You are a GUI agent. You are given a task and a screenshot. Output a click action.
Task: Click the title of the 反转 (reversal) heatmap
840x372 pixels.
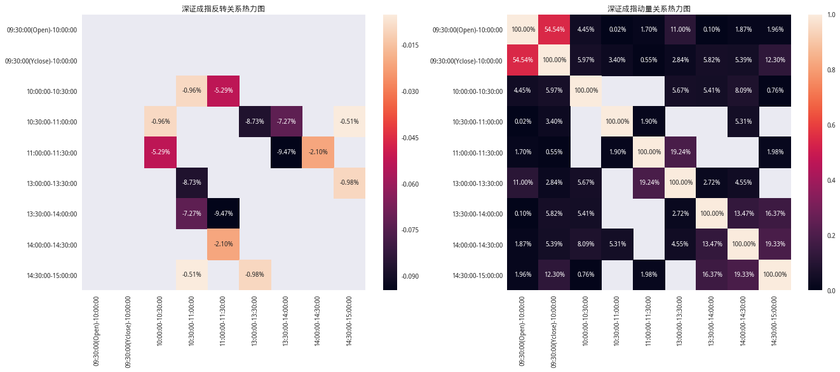click(x=222, y=9)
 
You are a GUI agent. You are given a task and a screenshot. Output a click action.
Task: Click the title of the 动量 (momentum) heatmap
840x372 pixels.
click(x=649, y=9)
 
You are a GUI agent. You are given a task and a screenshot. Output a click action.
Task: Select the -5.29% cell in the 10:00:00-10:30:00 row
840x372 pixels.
click(x=224, y=91)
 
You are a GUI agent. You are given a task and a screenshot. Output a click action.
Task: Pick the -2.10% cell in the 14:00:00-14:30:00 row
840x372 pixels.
click(x=224, y=244)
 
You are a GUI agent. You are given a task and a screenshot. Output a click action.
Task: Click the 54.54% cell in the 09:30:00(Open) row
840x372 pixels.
click(x=554, y=30)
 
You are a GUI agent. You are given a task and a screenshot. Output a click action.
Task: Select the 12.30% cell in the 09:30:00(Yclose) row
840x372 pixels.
click(x=775, y=60)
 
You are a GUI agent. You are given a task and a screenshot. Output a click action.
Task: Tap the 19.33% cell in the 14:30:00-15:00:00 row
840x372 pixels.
click(x=743, y=275)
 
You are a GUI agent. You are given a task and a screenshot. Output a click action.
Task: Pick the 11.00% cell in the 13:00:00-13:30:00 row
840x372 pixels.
click(x=523, y=183)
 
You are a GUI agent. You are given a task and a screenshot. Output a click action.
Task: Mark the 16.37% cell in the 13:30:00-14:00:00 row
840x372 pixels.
click(x=775, y=214)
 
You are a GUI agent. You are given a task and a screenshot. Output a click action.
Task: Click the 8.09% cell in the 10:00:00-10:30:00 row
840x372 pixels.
click(x=743, y=91)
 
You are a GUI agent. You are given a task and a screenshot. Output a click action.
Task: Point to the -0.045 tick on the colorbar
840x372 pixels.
click(x=409, y=138)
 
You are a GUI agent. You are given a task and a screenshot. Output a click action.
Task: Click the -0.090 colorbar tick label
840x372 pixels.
click(x=409, y=276)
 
